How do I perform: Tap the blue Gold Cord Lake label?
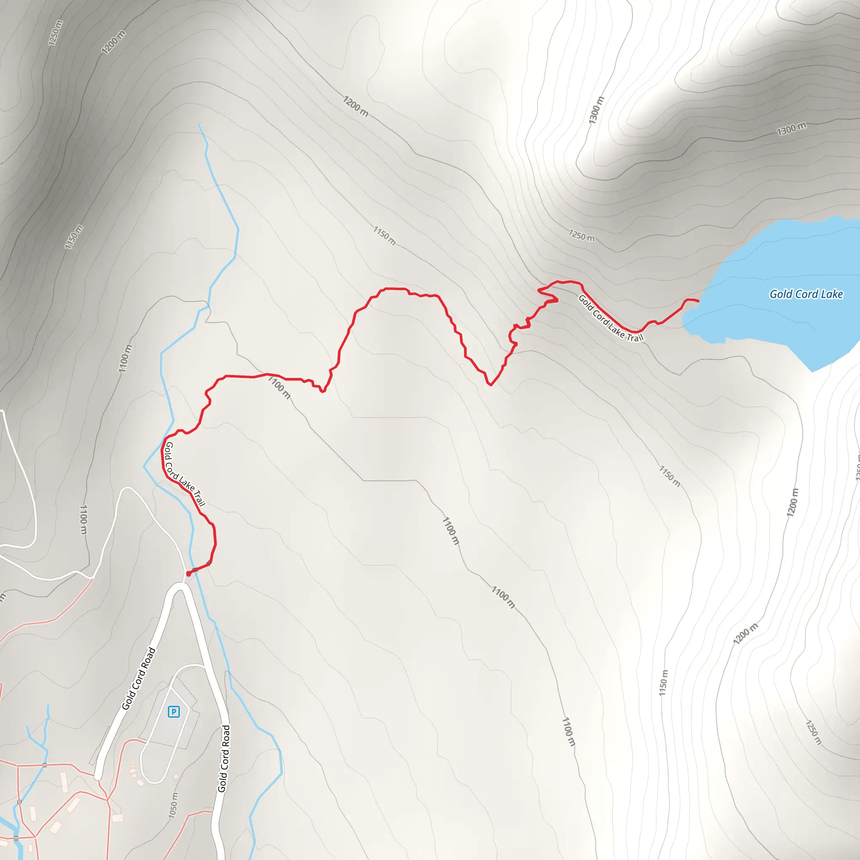click(x=806, y=294)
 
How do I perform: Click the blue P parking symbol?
click(x=173, y=712)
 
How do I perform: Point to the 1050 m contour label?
click(x=173, y=805)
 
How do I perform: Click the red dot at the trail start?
click(x=188, y=574)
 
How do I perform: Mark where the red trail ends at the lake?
click(x=698, y=302)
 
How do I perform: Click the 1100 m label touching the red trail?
click(x=280, y=387)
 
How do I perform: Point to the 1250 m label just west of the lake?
click(x=581, y=235)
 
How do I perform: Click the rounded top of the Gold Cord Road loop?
click(x=180, y=587)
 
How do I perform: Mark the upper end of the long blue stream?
click(x=199, y=125)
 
